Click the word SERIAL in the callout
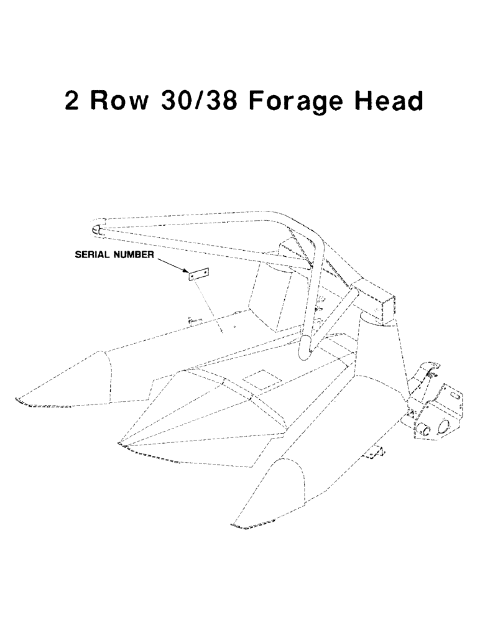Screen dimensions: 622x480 [x=93, y=254]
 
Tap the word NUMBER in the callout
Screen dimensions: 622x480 [x=135, y=254]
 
